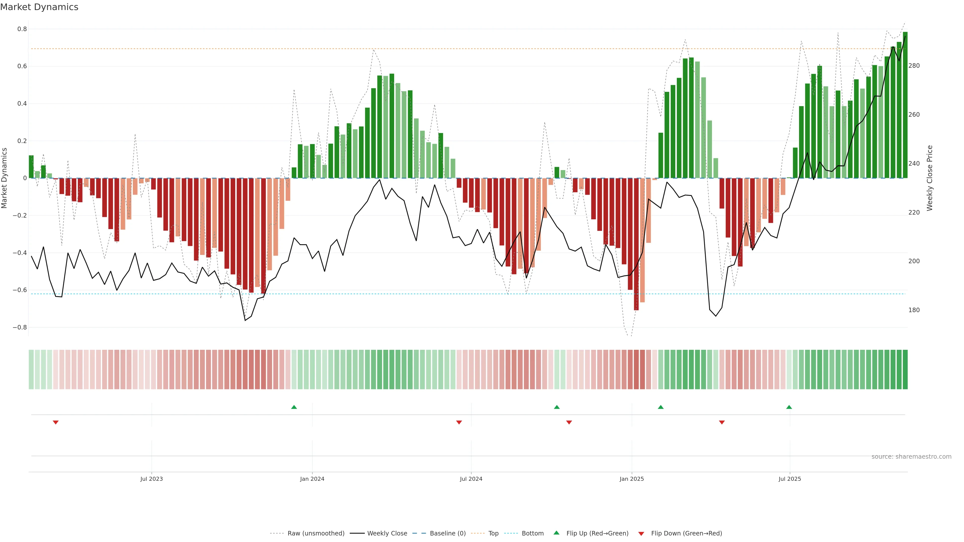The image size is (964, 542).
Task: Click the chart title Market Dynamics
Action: [x=39, y=7]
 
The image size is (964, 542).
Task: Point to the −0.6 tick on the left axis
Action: [x=20, y=290]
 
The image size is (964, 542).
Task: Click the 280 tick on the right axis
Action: [x=914, y=66]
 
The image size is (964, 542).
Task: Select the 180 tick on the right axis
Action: [x=914, y=310]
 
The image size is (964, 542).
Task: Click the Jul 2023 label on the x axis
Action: [x=152, y=479]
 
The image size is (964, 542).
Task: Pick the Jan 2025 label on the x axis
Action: [x=632, y=479]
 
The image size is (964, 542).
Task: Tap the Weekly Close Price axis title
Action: [x=930, y=178]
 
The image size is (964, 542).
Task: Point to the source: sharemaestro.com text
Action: [x=911, y=457]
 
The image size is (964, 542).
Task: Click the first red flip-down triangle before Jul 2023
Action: [x=56, y=422]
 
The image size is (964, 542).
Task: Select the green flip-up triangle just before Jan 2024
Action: [x=294, y=407]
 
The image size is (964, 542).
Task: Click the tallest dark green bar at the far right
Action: [x=905, y=105]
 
